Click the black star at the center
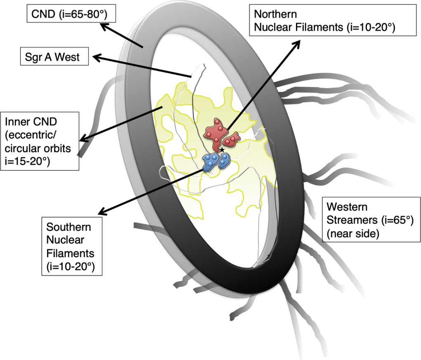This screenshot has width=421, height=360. coord(222,150)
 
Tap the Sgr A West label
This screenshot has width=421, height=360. coord(55,57)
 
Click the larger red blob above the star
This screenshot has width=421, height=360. coord(216,133)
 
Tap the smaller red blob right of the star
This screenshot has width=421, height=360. coord(232,139)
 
